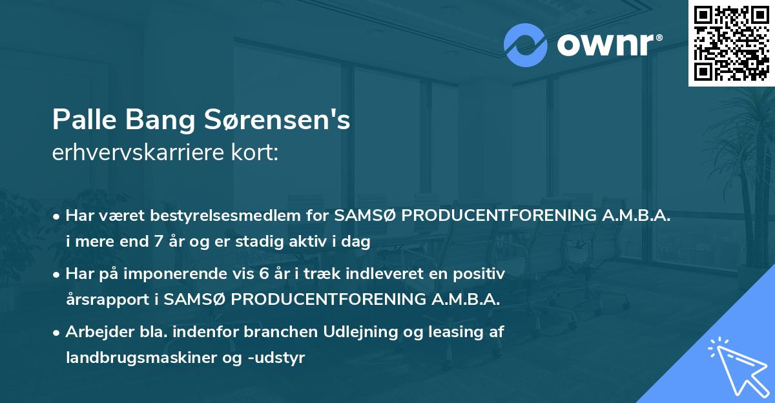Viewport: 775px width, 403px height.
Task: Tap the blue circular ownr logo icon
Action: [526, 45]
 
